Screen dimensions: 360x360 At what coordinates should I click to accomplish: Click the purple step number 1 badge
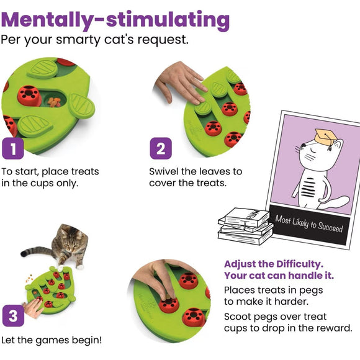coord(14,150)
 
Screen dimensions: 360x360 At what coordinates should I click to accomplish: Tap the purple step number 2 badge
coord(160,150)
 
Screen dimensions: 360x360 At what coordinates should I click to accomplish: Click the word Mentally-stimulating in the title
coord(115,20)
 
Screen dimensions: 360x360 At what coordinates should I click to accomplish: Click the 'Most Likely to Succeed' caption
coord(309,224)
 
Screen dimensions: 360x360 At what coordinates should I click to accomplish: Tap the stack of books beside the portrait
coord(245,227)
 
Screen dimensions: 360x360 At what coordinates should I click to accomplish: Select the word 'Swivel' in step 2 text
coord(165,171)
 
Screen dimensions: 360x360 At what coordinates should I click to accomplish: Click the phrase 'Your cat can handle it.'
coord(279,275)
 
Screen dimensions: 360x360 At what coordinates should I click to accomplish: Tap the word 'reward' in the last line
coord(335,328)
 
